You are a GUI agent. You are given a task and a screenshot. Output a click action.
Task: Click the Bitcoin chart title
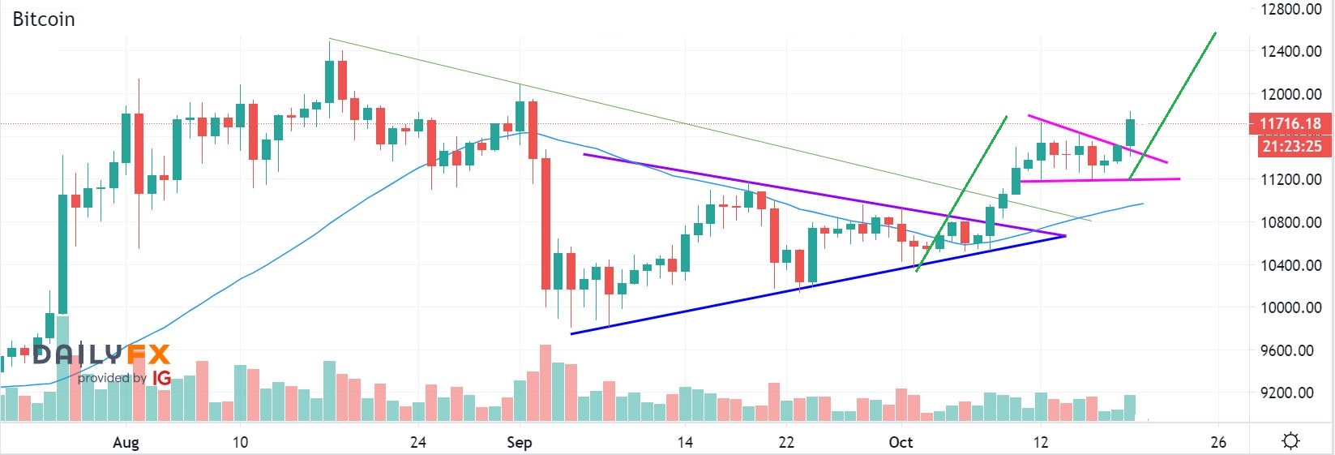[x=44, y=19]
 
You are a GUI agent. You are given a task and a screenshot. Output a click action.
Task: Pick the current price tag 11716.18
[x=1290, y=124]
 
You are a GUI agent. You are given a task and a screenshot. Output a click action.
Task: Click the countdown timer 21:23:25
[x=1291, y=146]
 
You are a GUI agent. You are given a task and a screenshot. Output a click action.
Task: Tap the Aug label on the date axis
[x=126, y=442]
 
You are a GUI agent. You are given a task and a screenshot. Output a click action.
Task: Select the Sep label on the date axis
[x=519, y=442]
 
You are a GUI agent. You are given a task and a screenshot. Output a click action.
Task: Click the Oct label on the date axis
[x=901, y=442]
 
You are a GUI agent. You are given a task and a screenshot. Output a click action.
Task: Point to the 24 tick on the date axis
[x=418, y=442]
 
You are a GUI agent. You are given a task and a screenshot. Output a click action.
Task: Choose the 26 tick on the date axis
[x=1218, y=442]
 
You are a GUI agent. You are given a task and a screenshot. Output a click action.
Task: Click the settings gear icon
[x=1291, y=441]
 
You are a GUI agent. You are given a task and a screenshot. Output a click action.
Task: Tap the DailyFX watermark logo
[x=101, y=355]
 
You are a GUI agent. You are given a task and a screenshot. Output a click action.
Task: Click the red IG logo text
[x=161, y=378]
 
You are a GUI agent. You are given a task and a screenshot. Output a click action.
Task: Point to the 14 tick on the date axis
[x=685, y=442]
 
